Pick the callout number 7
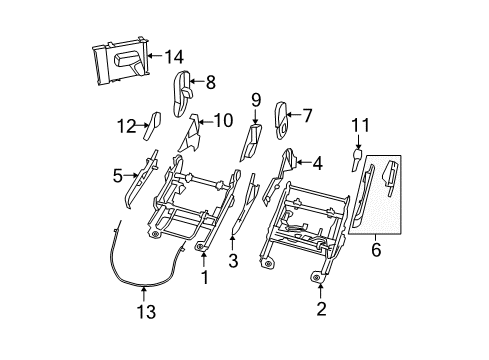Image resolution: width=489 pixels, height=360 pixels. tap(307, 115)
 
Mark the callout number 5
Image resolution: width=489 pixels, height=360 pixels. tap(118, 177)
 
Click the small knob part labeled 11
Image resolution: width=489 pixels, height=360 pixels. tap(359, 158)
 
